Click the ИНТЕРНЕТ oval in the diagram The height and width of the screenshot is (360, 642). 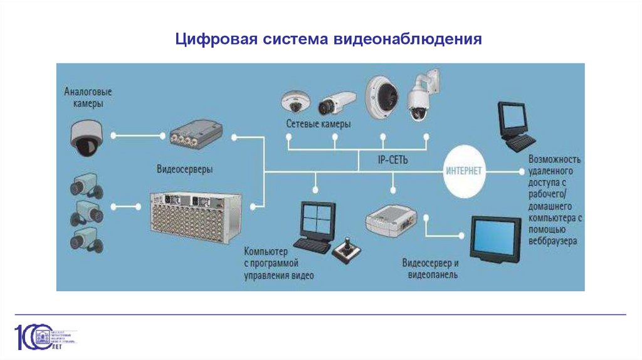[x=464, y=171]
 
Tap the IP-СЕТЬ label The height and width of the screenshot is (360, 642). [x=392, y=161]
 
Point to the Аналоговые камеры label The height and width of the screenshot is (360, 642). [x=83, y=97]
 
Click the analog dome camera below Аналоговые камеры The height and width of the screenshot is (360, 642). [x=85, y=138]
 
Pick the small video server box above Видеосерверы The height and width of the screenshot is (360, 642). [x=196, y=135]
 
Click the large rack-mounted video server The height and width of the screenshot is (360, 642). [x=195, y=216]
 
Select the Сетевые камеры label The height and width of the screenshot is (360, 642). [x=318, y=124]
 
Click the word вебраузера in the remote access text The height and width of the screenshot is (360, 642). [x=554, y=241]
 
